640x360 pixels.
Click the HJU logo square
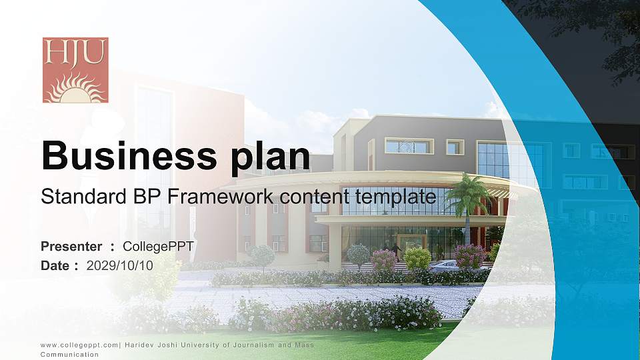pos(75,70)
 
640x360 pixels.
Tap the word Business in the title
pos(129,155)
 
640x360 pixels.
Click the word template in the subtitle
pos(395,197)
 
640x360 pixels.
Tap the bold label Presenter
pos(71,247)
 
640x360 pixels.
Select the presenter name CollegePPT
pos(158,247)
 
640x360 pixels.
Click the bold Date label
pos(55,266)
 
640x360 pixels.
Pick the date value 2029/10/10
pos(119,266)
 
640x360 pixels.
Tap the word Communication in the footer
pos(69,354)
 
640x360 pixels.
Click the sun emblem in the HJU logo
pos(75,88)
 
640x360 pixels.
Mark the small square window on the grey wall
pos(455,147)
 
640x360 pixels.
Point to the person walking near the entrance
pos(396,251)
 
